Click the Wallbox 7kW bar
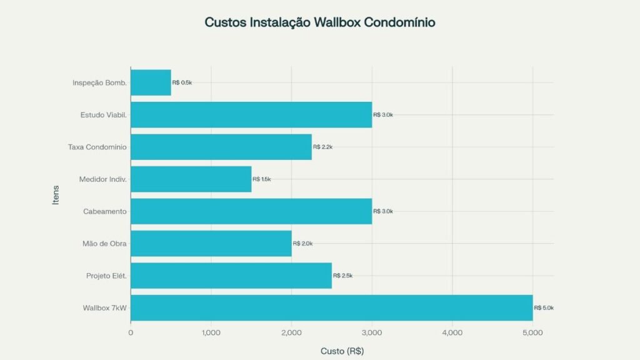point(331,307)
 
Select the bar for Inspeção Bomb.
point(151,82)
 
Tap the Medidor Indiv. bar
point(191,179)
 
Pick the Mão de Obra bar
point(211,243)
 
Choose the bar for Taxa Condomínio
point(221,147)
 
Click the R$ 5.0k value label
point(544,307)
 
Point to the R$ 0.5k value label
point(182,82)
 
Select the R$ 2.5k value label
point(342,276)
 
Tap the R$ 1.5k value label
point(262,179)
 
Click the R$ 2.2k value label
point(322,147)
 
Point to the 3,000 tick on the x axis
point(372,333)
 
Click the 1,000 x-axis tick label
point(211,333)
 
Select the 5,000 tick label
point(532,333)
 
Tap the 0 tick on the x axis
point(131,333)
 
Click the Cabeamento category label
point(105,211)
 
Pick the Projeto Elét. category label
point(106,276)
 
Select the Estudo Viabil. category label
point(104,115)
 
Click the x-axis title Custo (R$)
point(342,351)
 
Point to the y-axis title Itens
point(56,195)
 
